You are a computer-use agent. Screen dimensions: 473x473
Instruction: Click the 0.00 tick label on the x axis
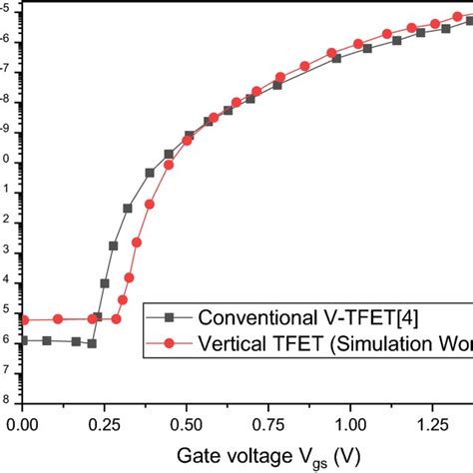click(x=23, y=424)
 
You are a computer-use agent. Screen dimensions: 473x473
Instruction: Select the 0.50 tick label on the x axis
click(x=187, y=424)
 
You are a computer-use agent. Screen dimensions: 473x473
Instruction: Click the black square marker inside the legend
click(x=169, y=317)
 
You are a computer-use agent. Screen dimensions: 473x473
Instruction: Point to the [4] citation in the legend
click(x=396, y=317)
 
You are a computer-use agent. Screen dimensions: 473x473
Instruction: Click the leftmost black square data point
click(x=23, y=340)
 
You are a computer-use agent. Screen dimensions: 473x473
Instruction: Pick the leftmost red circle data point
click(x=24, y=319)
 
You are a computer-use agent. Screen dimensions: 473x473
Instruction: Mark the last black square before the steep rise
click(x=92, y=343)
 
